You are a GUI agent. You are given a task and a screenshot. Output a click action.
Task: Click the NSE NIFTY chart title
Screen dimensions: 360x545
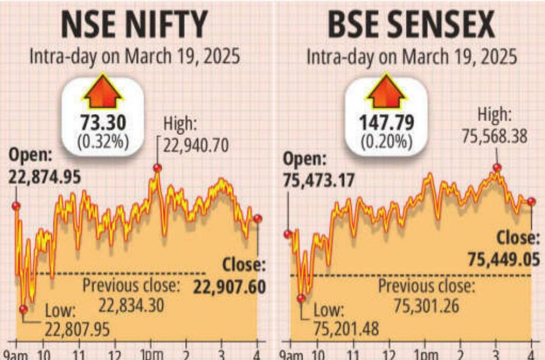click(x=135, y=25)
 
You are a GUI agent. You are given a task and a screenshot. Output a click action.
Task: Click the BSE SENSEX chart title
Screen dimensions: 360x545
click(x=411, y=25)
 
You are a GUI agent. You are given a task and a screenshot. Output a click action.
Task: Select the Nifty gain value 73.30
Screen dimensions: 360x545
click(x=103, y=123)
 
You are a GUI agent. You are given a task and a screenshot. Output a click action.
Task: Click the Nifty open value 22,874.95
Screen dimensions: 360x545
click(x=44, y=176)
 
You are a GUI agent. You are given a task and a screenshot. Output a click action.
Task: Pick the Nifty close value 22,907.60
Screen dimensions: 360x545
click(x=230, y=287)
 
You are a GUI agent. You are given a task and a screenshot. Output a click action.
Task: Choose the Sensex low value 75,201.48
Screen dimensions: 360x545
click(x=346, y=328)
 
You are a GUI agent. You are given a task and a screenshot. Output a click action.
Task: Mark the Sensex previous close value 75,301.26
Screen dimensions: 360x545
click(x=426, y=306)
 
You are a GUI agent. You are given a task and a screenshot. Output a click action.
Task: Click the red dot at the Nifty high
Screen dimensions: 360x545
click(x=157, y=168)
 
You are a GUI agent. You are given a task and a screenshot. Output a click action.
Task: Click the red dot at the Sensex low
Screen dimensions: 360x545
click(x=301, y=298)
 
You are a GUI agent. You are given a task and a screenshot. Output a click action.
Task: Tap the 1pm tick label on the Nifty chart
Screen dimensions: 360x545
click(x=149, y=355)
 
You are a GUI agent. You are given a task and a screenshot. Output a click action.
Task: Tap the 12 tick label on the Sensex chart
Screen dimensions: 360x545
click(x=389, y=355)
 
